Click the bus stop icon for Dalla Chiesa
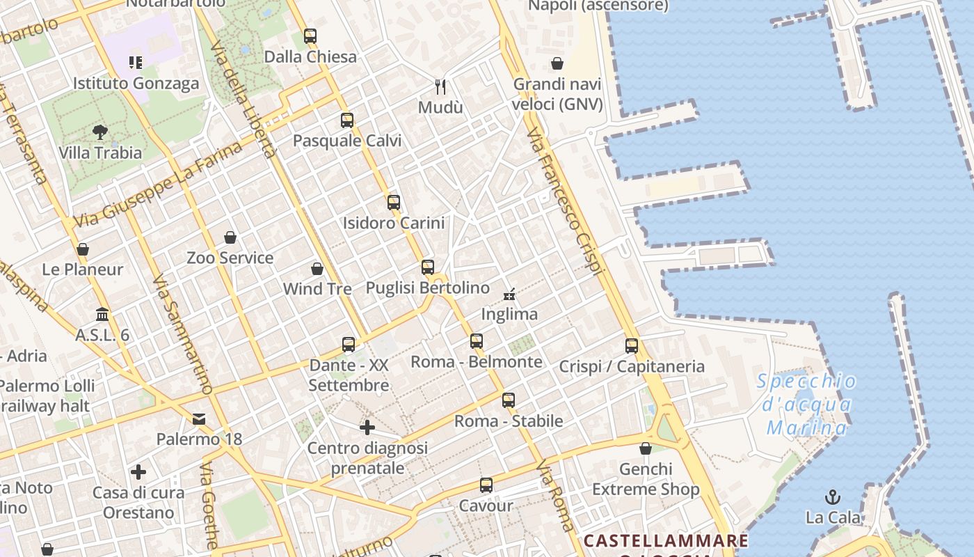pyautogui.click(x=310, y=36)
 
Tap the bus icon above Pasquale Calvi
pyautogui.click(x=347, y=120)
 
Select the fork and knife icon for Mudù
pyautogui.click(x=440, y=86)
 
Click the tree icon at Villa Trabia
pyautogui.click(x=100, y=132)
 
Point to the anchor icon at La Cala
pyautogui.click(x=832, y=497)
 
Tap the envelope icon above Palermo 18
pyautogui.click(x=199, y=418)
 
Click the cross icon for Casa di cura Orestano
pyautogui.click(x=138, y=472)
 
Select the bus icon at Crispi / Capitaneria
pyautogui.click(x=632, y=345)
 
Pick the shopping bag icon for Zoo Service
pyautogui.click(x=230, y=237)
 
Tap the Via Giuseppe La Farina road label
pyautogui.click(x=158, y=185)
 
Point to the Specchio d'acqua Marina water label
pyautogui.click(x=807, y=405)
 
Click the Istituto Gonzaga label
pyautogui.click(x=136, y=84)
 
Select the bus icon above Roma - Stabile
pyautogui.click(x=509, y=400)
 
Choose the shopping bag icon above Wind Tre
pyautogui.click(x=317, y=269)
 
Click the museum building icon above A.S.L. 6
pyautogui.click(x=102, y=314)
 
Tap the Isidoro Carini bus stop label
pyautogui.click(x=394, y=223)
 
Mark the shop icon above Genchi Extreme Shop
pyautogui.click(x=646, y=448)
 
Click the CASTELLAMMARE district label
pyautogui.click(x=666, y=541)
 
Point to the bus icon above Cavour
pyautogui.click(x=486, y=485)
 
